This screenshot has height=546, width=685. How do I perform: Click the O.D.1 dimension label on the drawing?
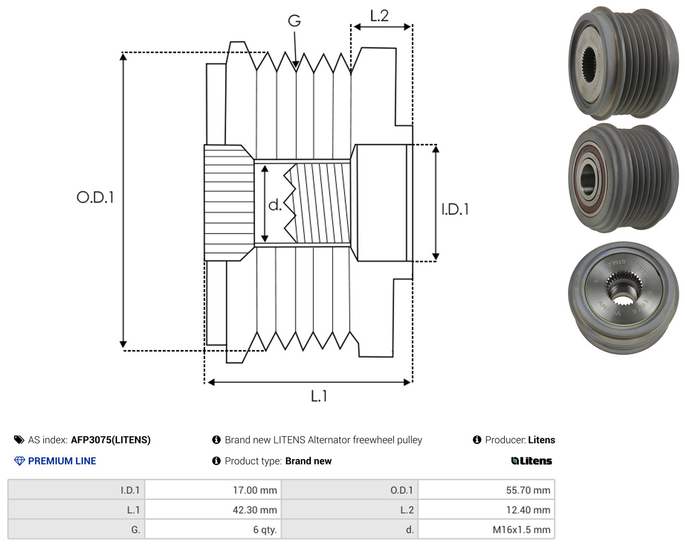[x=95, y=197]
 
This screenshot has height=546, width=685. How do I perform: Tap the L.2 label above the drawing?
[x=379, y=16]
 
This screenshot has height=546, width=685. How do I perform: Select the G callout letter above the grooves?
[x=294, y=21]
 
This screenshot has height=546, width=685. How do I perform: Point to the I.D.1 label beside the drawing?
[x=455, y=209]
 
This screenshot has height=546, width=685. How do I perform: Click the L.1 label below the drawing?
[x=319, y=396]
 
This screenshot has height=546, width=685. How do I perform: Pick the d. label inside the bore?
[x=275, y=205]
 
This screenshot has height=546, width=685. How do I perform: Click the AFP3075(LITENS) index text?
[x=111, y=440]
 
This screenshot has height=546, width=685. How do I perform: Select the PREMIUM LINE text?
[x=62, y=461]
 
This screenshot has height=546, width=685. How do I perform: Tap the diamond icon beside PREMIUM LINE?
[x=19, y=461]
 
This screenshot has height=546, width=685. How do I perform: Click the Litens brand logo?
[x=531, y=461]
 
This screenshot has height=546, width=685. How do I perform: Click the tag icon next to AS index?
[x=19, y=440]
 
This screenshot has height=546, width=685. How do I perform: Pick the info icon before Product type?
[x=216, y=461]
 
